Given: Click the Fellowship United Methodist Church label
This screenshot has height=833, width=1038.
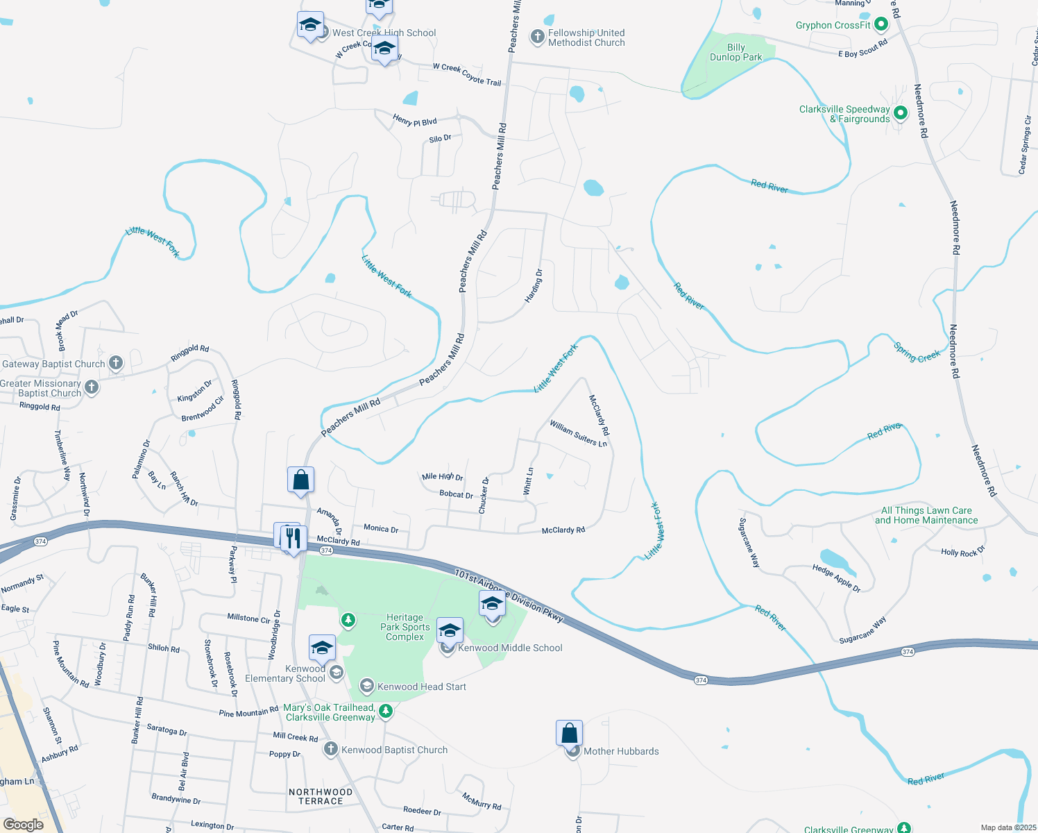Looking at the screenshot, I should tap(586, 37).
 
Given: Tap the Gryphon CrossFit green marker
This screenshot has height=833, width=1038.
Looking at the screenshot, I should tap(881, 25).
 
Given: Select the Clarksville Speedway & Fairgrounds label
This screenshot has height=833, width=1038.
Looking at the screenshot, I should tap(844, 114).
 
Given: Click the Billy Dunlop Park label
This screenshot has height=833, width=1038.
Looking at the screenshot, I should tap(735, 53).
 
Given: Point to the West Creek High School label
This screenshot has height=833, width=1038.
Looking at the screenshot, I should tap(384, 33).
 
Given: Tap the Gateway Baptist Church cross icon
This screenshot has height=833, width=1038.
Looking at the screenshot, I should tap(116, 362).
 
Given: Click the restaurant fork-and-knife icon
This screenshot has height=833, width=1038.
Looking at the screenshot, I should tap(293, 539).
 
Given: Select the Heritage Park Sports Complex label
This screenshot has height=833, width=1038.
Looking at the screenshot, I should tap(405, 627).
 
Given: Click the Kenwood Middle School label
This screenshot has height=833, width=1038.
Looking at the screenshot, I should tap(510, 648).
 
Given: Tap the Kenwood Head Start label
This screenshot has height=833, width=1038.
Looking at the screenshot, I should tap(421, 687).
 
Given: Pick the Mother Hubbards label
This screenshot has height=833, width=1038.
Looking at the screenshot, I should tap(621, 751).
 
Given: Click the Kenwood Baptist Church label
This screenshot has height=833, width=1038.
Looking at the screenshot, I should tap(394, 750).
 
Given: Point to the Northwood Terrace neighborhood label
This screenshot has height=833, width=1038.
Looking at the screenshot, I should tap(321, 796).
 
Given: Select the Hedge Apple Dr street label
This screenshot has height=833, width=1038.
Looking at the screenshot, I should tap(836, 578).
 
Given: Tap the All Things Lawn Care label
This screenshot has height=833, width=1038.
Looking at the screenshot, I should tap(926, 515).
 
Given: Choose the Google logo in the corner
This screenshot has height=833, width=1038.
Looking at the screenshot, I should tap(24, 824).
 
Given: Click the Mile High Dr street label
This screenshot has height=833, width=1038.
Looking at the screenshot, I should tap(442, 477).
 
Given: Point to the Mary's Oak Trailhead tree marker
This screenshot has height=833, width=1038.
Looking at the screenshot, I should tap(386, 711).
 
